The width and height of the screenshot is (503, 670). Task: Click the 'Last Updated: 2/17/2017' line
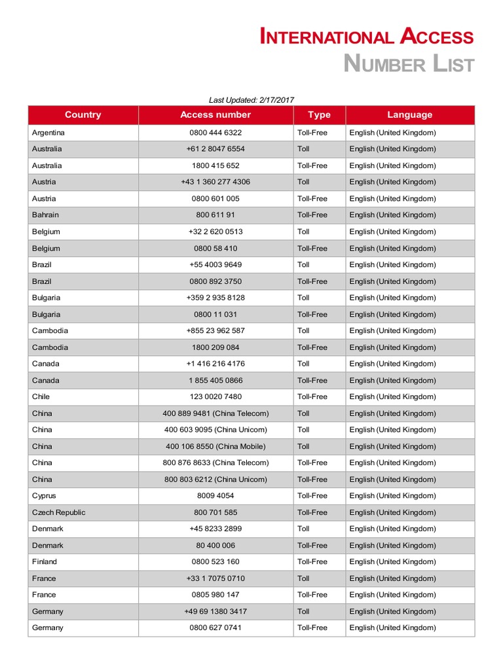(251, 100)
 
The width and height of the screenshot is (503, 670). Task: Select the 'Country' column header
(83, 115)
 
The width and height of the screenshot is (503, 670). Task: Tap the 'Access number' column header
(215, 115)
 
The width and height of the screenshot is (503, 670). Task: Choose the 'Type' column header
(319, 115)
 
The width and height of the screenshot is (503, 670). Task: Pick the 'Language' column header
(409, 115)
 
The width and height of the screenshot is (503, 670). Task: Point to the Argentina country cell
(48, 132)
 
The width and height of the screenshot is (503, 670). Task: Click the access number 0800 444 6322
(215, 132)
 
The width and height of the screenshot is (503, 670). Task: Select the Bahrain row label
(45, 215)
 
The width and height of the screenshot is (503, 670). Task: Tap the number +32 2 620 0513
(215, 232)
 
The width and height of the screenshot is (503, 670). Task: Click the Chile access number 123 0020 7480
(215, 397)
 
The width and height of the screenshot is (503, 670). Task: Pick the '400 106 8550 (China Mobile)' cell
(215, 446)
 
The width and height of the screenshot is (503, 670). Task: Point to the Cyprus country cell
(44, 495)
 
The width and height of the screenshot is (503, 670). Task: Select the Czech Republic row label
(58, 512)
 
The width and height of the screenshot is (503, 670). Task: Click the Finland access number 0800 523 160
(215, 561)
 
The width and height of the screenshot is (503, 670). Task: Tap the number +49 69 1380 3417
(215, 611)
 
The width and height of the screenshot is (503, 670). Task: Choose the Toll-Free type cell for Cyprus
(312, 495)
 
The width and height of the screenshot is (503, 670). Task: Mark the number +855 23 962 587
(215, 330)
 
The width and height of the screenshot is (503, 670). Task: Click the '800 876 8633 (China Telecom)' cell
(215, 463)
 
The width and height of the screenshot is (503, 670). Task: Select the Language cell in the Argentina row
(392, 132)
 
